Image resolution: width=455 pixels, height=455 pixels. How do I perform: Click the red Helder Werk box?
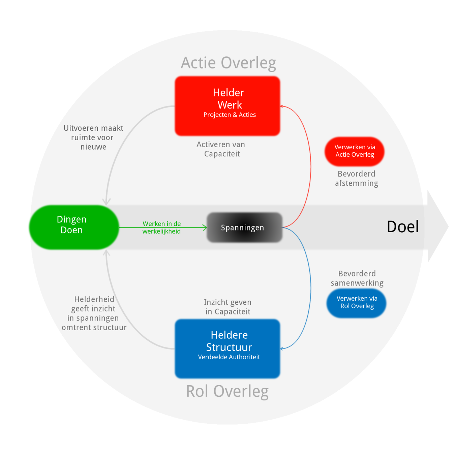(227, 98)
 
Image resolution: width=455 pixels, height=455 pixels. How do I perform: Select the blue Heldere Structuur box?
(227, 340)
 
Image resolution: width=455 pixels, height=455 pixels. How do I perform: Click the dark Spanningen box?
(244, 227)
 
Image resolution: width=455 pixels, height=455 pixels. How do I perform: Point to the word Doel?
(403, 226)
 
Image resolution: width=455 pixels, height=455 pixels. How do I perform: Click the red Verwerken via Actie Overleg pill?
(355, 151)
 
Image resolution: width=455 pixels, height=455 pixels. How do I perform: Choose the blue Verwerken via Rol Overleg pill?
(357, 302)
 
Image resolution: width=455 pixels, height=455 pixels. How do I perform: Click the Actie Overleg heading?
(228, 63)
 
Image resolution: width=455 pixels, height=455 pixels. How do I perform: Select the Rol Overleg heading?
(227, 392)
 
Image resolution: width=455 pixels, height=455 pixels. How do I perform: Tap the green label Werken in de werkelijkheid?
(161, 227)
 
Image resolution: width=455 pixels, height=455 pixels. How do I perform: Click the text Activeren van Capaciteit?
(221, 149)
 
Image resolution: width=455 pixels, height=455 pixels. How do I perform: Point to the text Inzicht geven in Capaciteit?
(227, 307)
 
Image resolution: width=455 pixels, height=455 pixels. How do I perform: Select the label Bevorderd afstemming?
(357, 179)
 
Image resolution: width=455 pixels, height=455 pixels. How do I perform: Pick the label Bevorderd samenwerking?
(357, 278)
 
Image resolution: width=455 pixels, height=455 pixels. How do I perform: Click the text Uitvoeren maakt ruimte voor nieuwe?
(93, 138)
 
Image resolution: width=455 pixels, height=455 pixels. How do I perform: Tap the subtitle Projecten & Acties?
(230, 115)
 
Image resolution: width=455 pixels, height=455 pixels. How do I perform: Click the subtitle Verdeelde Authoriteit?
(229, 357)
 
